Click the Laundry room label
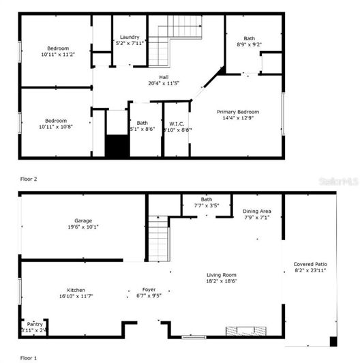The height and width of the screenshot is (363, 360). coord(129,37)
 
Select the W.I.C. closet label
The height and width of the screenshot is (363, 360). coord(177,124)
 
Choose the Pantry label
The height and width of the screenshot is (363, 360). coord(33,325)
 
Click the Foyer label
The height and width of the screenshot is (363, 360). coord(149,289)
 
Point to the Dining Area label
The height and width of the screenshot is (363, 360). coord(256,212)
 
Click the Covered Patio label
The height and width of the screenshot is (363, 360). coord(310,263)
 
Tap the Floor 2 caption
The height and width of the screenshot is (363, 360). coord(28,179)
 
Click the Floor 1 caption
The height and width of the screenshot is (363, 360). coord(28,357)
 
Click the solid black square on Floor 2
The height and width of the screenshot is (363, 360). coord(117,147)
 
